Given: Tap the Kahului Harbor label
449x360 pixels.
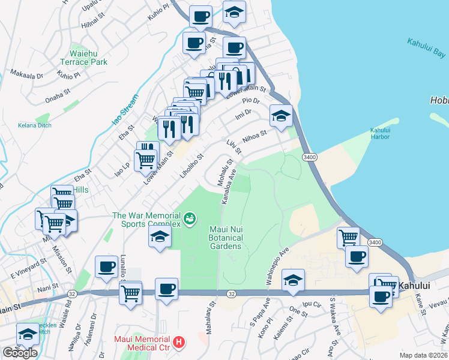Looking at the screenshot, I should pos(380,133).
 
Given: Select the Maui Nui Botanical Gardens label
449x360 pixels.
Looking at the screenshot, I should pos(225,238).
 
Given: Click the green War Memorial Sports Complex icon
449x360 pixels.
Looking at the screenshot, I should pos(190,218).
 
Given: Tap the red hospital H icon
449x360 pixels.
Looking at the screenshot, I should pos(178,343).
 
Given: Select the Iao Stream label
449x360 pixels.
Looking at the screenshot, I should pos(124,110).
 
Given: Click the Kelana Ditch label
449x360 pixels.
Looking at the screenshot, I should pos(35,125).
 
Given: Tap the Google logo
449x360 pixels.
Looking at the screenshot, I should pos(20,353).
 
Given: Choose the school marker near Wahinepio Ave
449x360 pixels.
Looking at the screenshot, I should pos(292,280).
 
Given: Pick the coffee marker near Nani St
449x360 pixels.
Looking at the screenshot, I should pos(106,267).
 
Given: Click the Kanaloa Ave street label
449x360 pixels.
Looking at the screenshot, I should pos(228,188).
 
